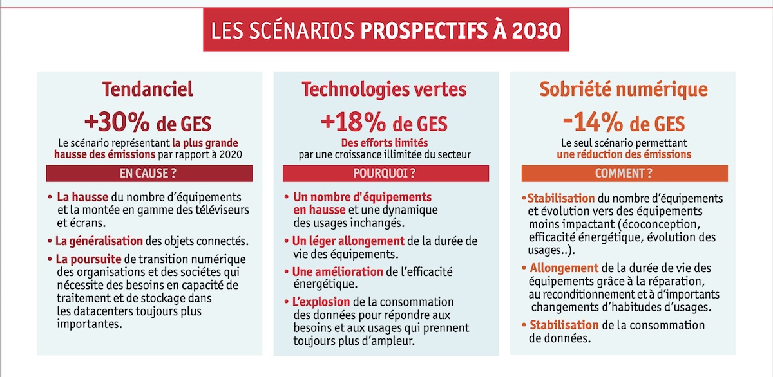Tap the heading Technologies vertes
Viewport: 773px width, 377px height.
[385, 89]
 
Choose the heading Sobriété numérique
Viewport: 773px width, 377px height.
[623, 89]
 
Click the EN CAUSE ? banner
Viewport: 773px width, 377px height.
[149, 174]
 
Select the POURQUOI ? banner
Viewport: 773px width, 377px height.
[385, 174]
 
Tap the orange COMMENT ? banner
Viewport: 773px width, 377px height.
[623, 174]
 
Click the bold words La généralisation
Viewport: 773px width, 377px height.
[99, 241]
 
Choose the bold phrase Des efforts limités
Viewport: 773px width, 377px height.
[385, 143]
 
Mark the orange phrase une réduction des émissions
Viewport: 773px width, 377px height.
[624, 154]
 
